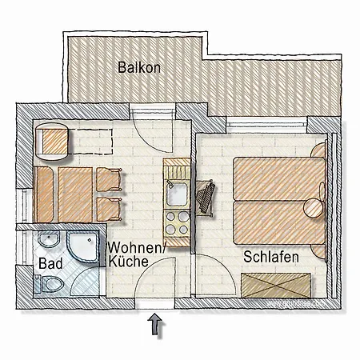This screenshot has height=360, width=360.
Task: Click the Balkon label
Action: point(139,67)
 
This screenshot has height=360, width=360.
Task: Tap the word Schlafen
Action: point(271,257)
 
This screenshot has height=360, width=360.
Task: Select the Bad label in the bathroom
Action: point(50,263)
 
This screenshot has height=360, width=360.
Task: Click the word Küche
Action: point(128,262)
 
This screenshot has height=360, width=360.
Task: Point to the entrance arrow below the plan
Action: point(155,324)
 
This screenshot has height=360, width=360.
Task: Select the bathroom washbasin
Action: point(49,239)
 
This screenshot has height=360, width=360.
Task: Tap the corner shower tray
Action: point(82,246)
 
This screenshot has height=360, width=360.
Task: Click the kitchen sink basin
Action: point(176,194)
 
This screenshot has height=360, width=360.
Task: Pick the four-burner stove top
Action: point(177,222)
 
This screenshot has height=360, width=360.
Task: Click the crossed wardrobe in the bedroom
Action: point(276,286)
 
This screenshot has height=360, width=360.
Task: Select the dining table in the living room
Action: point(75,194)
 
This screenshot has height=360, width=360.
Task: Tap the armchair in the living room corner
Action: point(52,142)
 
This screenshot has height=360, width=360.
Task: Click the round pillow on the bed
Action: point(314,208)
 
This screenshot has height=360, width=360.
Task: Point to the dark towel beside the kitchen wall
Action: point(206,196)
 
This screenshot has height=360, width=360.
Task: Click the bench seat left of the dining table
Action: point(43,194)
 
